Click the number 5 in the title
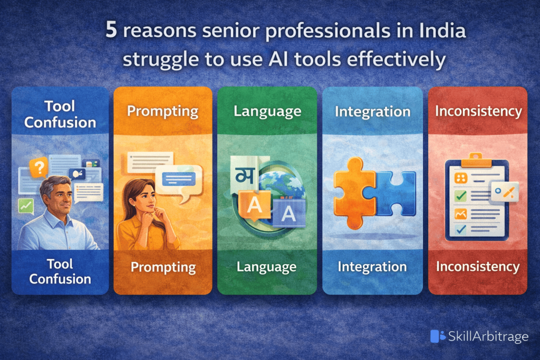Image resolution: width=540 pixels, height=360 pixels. coord(111,31)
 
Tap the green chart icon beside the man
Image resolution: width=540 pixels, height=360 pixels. coord(25,206)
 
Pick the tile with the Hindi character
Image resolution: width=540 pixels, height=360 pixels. coord(243,174)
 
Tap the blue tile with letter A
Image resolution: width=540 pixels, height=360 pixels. coord(288,213)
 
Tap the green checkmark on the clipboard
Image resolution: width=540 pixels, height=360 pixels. coord(460,196)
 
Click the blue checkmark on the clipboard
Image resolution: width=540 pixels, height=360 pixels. coord(460,229)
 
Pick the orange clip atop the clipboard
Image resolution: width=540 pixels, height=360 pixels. coord(476,157)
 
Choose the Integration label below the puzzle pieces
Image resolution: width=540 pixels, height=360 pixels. coord(372,267)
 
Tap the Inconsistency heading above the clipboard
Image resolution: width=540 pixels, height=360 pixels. coord(478,111)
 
